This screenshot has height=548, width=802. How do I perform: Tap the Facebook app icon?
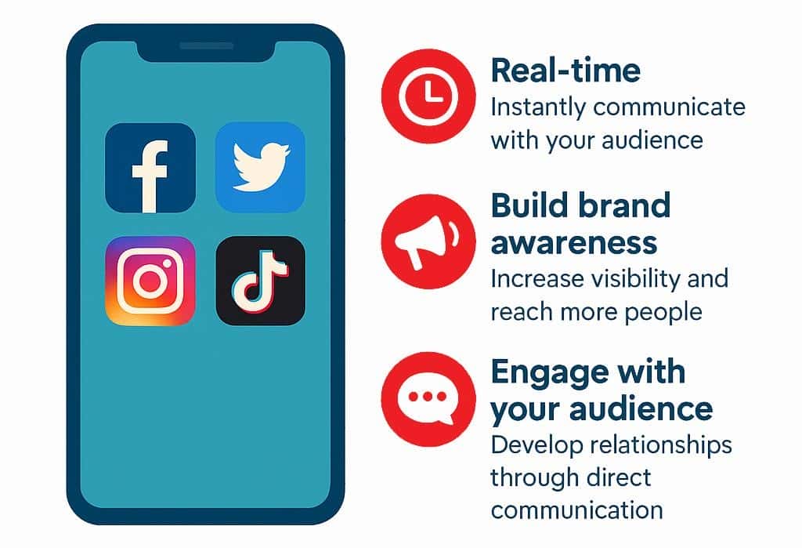150,168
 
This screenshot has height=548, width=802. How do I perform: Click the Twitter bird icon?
260,167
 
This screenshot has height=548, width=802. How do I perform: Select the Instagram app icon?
150,281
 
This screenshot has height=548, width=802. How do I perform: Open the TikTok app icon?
260,281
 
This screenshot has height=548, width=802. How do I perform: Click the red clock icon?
428,96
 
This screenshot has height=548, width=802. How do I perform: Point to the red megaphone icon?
428,241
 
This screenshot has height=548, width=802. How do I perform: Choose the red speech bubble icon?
428,400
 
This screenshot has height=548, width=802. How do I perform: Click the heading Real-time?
565,70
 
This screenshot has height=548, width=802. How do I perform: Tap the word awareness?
574,242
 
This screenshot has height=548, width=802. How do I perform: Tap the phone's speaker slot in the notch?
207,45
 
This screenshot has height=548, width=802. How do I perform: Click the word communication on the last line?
577,510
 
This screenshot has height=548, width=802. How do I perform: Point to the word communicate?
669,107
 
